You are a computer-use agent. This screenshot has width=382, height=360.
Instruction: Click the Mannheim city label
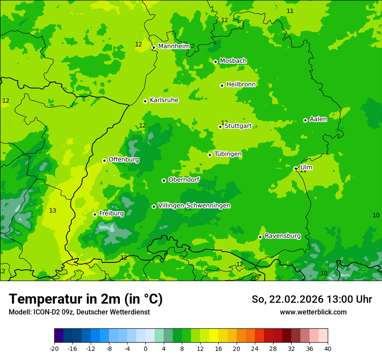click(x=174, y=46)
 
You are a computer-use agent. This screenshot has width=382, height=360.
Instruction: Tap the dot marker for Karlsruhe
click(x=145, y=101)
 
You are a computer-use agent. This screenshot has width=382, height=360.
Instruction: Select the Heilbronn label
click(x=241, y=85)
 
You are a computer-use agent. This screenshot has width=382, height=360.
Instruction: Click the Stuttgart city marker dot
click(x=220, y=127)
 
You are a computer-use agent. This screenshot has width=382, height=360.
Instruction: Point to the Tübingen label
click(x=228, y=154)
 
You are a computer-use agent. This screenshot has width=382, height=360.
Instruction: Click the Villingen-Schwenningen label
click(x=194, y=206)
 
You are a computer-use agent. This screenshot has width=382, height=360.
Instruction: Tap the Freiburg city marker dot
click(x=95, y=214)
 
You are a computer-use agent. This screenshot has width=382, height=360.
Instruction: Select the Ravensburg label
click(x=283, y=236)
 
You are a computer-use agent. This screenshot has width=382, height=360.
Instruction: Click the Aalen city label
click(x=318, y=119)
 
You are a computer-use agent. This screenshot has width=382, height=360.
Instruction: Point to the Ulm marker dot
click(x=296, y=169)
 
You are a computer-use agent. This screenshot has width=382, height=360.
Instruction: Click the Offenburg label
click(x=124, y=160)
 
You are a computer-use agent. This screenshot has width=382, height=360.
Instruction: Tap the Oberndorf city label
click(x=184, y=180)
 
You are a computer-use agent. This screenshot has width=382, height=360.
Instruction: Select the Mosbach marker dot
click(x=215, y=62)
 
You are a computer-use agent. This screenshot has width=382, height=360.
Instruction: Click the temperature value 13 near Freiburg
click(x=53, y=211)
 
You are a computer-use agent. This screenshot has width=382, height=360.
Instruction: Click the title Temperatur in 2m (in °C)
click(x=86, y=299)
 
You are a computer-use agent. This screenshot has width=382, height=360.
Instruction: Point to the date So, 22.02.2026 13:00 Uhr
click(x=312, y=299)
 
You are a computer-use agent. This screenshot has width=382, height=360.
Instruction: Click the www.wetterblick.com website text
click(x=313, y=312)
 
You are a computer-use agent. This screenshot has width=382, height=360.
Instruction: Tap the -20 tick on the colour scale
click(x=54, y=349)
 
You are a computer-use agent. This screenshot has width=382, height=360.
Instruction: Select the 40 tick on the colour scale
click(x=328, y=349)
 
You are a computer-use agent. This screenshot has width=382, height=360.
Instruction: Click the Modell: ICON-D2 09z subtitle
click(x=79, y=312)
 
